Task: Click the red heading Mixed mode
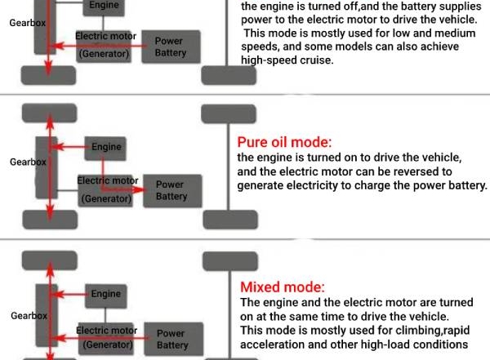click(x=282, y=287)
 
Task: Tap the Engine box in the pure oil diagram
click(x=106, y=147)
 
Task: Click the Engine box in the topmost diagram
click(x=103, y=6)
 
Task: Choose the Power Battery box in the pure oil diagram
click(x=171, y=191)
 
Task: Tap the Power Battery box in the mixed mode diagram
click(x=171, y=339)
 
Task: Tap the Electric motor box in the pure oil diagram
click(x=107, y=189)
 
